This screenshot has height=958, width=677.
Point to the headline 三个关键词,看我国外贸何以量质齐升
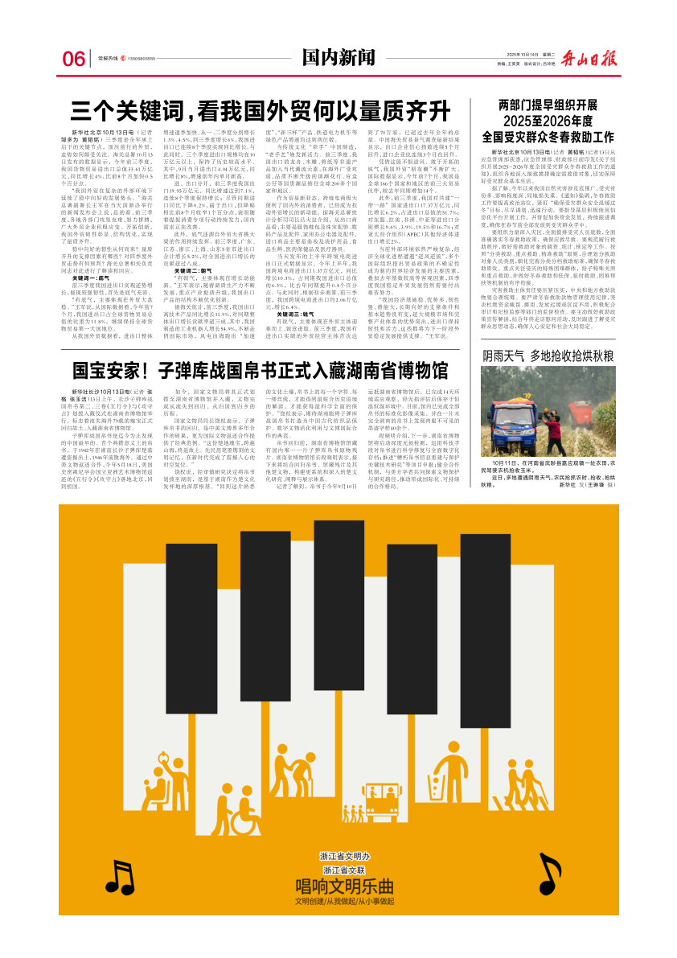(259, 109)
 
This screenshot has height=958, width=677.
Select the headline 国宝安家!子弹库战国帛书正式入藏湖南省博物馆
(260, 370)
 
